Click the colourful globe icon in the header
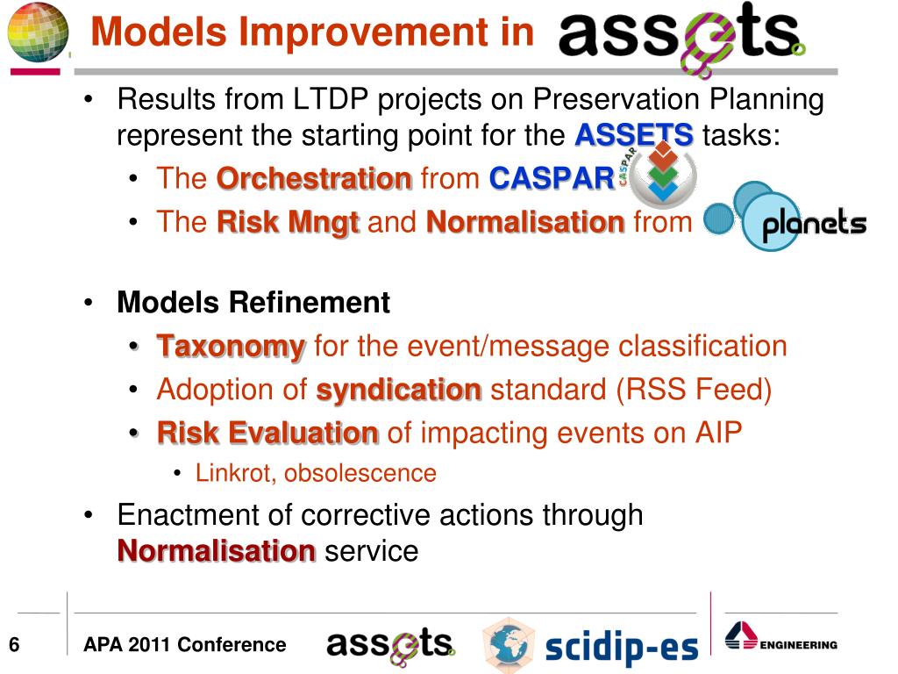pos(38,32)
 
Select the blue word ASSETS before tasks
pos(634,135)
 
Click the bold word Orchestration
pos(315,178)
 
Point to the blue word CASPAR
pos(552,178)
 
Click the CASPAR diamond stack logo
pos(659,175)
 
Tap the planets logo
pos(785,217)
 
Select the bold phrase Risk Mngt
pos(288,222)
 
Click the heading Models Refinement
pos(253,302)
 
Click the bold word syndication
pos(399,390)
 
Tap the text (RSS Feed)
pos(694,390)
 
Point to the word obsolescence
pos(360,473)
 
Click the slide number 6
pos(14,645)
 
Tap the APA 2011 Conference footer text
pos(185,645)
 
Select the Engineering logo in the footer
pos(780,637)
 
